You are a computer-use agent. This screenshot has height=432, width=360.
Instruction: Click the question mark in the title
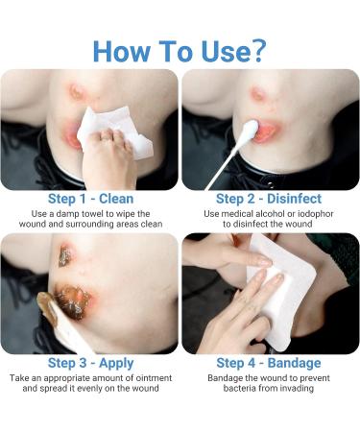click(256, 51)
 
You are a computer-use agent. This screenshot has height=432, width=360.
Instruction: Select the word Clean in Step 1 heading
click(116, 199)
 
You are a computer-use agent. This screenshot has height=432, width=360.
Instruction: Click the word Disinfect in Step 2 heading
click(294, 199)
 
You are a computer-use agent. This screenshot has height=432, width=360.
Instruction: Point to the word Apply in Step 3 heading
click(116, 364)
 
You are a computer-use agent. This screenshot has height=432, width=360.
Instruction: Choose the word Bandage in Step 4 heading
click(294, 364)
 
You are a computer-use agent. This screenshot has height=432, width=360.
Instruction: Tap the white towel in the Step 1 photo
click(115, 132)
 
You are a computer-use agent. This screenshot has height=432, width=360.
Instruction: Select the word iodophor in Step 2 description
click(315, 214)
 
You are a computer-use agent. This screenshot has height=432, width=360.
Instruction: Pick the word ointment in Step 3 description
click(154, 378)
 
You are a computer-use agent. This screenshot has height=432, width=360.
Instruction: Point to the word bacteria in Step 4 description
click(238, 389)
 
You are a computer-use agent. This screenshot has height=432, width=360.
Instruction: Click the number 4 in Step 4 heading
click(252, 364)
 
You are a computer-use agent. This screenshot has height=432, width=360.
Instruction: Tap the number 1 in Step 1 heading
click(83, 199)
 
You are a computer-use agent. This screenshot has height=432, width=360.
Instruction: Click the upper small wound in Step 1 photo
click(77, 91)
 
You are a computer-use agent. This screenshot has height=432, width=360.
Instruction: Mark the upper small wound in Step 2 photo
click(258, 94)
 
